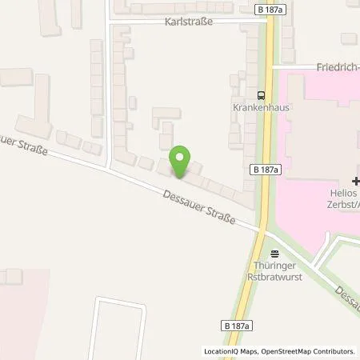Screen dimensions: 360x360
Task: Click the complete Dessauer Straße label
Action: click(198, 206)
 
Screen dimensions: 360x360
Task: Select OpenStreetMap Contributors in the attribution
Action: click(308, 351)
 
